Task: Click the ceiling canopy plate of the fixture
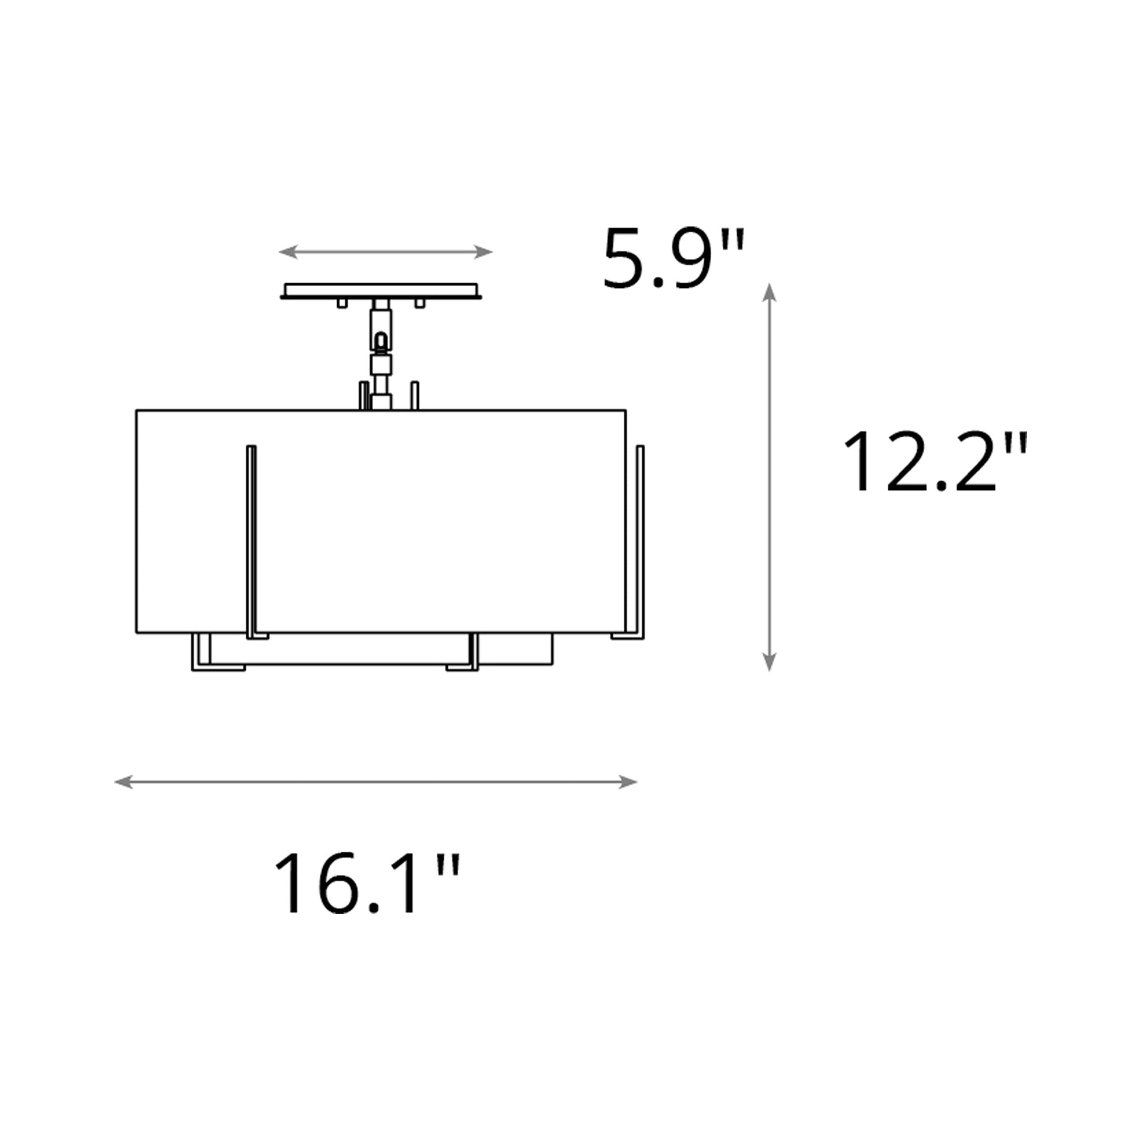(381, 291)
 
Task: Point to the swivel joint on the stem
(382, 342)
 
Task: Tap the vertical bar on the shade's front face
(252, 541)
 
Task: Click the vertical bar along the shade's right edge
(640, 541)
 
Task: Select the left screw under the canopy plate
(342, 304)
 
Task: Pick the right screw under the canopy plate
(420, 304)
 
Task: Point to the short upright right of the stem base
(415, 396)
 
